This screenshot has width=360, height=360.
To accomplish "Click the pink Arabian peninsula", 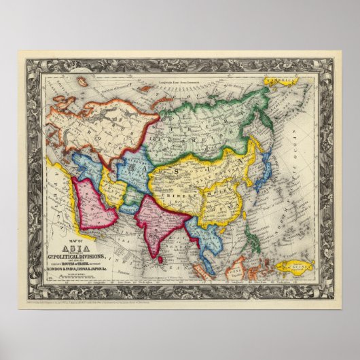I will (94, 204).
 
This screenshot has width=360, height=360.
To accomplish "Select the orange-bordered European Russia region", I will (95, 129).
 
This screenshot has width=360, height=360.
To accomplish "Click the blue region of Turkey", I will (85, 166).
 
